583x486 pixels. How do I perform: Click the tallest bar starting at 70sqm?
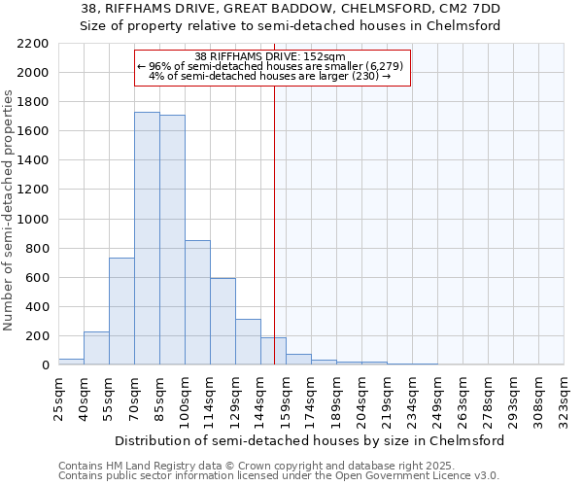coord(147,238)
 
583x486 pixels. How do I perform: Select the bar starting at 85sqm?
coord(172,240)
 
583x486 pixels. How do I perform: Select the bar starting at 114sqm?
coord(223,322)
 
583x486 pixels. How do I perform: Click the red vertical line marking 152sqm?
coord(275,224)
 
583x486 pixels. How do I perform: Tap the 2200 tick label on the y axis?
coord(33,44)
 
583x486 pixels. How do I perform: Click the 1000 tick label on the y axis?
coord(33,220)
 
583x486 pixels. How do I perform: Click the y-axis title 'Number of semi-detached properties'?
coord(10,210)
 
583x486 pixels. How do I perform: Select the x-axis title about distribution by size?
coord(309,440)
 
